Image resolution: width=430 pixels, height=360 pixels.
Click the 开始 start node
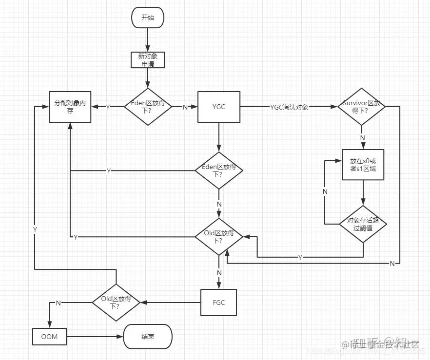click(148, 18)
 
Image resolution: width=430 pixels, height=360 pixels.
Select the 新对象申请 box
click(148, 59)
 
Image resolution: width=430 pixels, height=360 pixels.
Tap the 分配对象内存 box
click(70, 107)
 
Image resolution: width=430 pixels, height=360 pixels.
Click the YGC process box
click(219, 107)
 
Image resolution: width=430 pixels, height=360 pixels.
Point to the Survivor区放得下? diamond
click(361, 107)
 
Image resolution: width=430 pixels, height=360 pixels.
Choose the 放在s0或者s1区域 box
click(363, 165)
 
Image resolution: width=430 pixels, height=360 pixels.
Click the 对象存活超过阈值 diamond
click(363, 224)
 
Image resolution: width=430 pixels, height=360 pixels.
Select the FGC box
click(219, 303)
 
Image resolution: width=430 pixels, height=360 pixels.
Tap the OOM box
click(49, 336)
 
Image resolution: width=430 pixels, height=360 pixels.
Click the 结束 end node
click(148, 337)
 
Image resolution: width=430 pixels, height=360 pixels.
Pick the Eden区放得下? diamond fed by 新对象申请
click(148, 107)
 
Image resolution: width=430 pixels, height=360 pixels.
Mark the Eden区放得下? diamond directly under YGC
click(219, 171)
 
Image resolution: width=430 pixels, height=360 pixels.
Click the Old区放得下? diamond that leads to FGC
click(219, 236)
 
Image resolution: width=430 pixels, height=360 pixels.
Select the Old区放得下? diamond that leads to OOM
click(116, 303)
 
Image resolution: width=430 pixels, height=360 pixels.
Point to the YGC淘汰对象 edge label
click(289, 107)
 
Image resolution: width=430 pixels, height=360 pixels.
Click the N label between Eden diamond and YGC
click(185, 107)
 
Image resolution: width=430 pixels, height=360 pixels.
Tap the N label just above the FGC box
click(219, 273)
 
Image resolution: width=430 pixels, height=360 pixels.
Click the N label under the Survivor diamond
click(362, 138)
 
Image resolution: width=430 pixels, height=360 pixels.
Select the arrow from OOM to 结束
click(95, 336)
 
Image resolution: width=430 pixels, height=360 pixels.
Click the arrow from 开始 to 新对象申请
click(148, 39)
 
